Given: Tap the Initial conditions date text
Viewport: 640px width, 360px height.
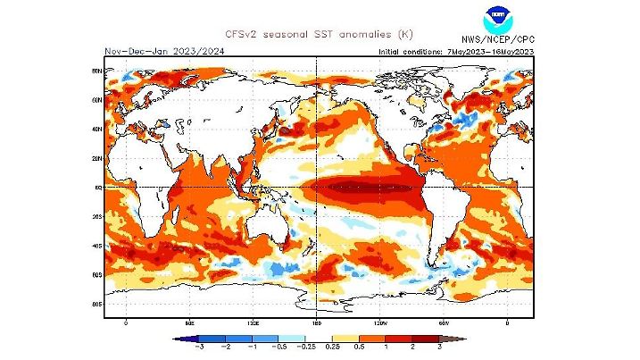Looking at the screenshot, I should (x=455, y=51).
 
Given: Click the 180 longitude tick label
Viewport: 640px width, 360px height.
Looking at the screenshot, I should (x=317, y=322).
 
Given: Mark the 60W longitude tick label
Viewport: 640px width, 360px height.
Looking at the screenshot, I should (x=444, y=322).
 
